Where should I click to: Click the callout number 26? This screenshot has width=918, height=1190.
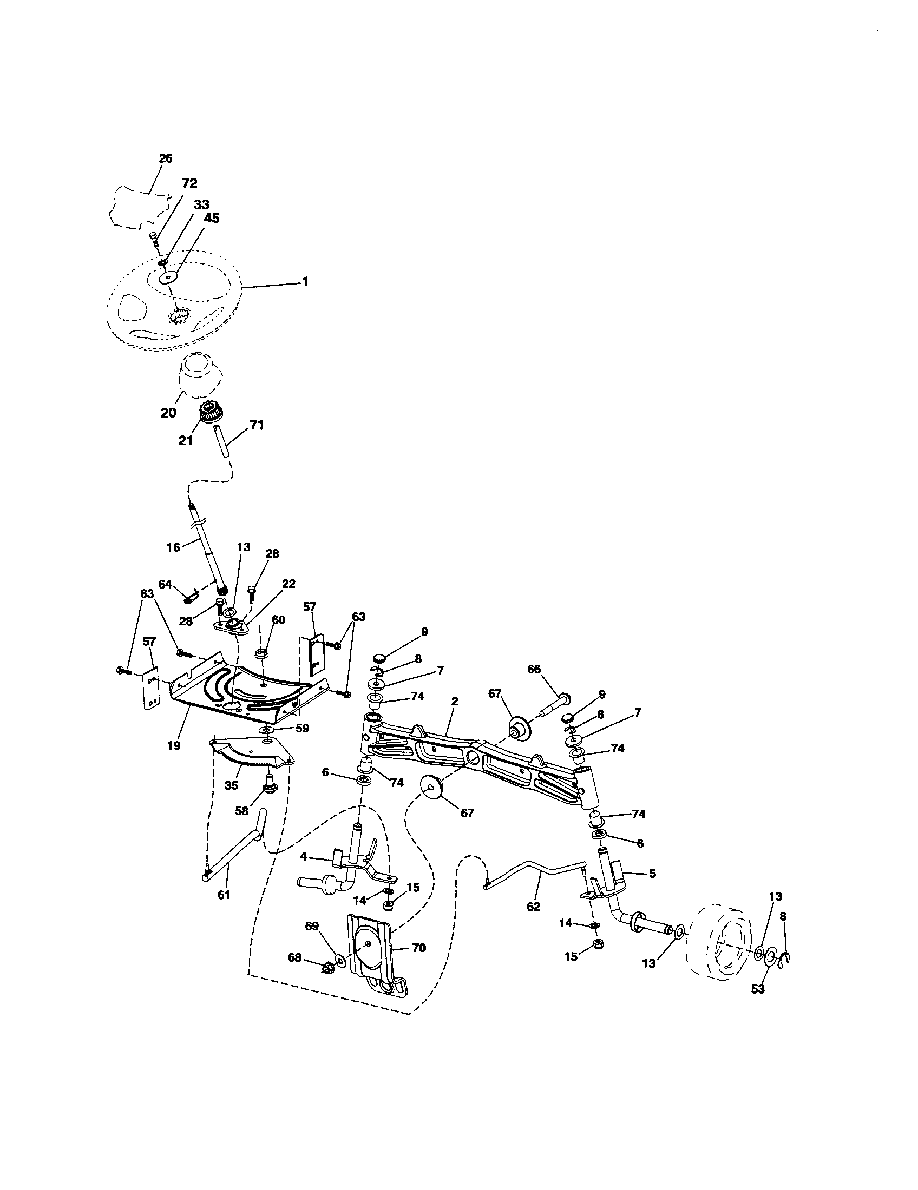pyautogui.click(x=165, y=158)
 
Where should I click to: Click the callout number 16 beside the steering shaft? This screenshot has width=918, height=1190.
pyautogui.click(x=173, y=547)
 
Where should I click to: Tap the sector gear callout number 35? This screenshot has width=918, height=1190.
pyautogui.click(x=232, y=786)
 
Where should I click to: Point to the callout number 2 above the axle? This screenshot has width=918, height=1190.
pyautogui.click(x=454, y=701)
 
